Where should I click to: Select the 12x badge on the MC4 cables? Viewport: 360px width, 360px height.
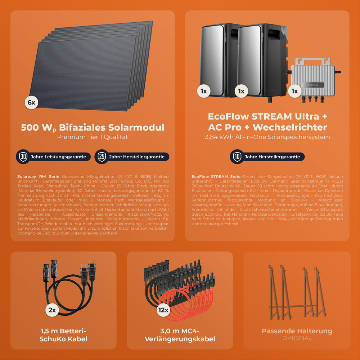(x=163, y=310)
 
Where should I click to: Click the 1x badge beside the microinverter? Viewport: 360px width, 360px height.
(x=295, y=91)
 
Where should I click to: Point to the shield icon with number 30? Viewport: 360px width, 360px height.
(x=23, y=157)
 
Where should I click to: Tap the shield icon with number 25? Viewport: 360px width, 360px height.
(x=102, y=157)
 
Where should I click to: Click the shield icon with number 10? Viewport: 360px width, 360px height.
(x=237, y=157)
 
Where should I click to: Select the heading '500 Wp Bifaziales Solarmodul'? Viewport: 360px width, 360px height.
(x=93, y=127)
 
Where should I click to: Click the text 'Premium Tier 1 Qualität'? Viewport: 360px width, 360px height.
(x=93, y=137)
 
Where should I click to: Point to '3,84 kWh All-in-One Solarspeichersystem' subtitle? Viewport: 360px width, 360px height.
(x=267, y=137)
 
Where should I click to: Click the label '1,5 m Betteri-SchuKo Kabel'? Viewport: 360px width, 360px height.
(x=63, y=335)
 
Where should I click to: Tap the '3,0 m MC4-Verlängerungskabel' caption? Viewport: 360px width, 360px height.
(x=180, y=335)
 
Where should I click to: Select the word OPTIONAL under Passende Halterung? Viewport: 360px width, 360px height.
(x=297, y=338)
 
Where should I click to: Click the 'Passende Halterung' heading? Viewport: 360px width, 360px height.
(x=297, y=331)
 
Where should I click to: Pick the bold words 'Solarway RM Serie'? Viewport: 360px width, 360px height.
(x=39, y=177)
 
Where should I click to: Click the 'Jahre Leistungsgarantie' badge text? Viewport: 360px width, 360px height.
(x=58, y=157)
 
